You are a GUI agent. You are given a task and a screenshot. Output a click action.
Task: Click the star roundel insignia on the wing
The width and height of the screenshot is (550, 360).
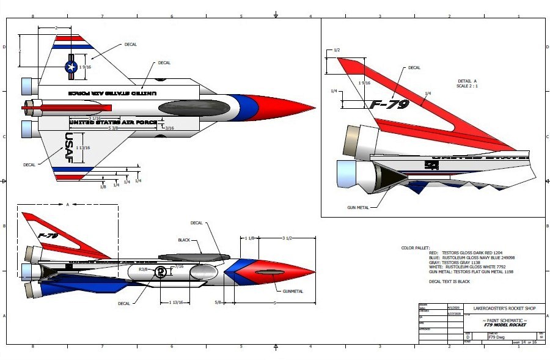tap(71, 67)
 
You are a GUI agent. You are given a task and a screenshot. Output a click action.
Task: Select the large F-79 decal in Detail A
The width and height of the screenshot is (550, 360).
tap(389, 105)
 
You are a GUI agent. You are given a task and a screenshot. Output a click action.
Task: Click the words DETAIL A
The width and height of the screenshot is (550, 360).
tap(466, 81)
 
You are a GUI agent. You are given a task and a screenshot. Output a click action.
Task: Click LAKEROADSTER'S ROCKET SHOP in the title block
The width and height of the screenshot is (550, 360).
tap(501, 309)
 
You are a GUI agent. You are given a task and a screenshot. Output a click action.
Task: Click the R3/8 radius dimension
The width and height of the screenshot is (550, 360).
tap(144, 269)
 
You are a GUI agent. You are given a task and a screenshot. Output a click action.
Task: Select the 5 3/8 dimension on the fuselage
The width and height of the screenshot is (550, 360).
tap(114, 128)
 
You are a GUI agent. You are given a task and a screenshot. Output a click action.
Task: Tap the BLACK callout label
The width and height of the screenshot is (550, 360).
tap(184, 240)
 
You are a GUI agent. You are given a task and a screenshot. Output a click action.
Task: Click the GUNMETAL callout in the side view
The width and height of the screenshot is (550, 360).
tap(293, 292)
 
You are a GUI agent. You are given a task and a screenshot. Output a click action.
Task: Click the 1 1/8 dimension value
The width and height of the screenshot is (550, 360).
tap(249, 238)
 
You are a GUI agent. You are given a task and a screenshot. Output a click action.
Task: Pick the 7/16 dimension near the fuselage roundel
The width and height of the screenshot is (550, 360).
tap(179, 266)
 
